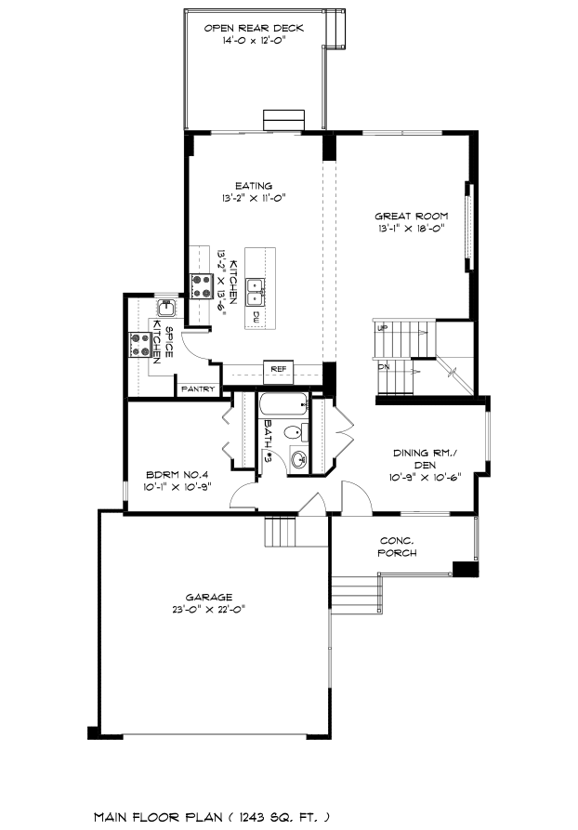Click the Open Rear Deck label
coord(254,28)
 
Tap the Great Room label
coord(412,216)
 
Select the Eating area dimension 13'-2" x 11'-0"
coord(254,199)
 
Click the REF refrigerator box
coord(279,369)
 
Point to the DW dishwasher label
coord(256,317)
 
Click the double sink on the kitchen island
coord(256,292)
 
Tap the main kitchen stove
coord(202,286)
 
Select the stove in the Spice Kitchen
coord(140,345)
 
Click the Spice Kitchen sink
coord(166,308)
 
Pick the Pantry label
coord(198,389)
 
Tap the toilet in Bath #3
coord(296,433)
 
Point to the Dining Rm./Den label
coord(425,459)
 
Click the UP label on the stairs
coord(382,328)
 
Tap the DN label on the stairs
coord(383,366)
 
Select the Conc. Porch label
coord(397,547)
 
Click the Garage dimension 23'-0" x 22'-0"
coord(208,610)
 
